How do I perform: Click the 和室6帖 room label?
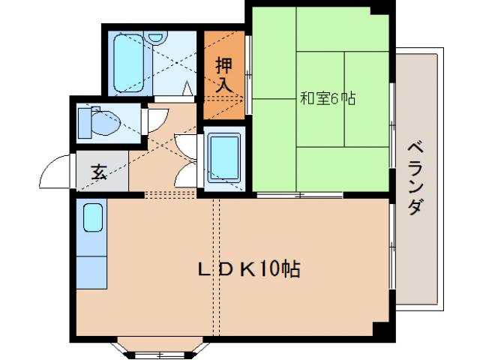coord(328,97)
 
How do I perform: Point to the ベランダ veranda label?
coord(415,178)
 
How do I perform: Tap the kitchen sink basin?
coord(93,218)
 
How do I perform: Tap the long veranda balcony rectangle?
coord(419,180)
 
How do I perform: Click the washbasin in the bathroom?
coord(156,37)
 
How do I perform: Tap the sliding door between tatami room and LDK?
coord(299,196)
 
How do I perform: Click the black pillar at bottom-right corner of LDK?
coord(383,330)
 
